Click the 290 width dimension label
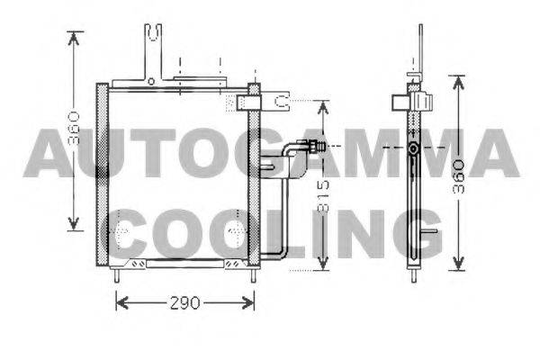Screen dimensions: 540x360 184,302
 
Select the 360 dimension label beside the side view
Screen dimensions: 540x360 458,176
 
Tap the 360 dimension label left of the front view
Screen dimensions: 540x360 74,128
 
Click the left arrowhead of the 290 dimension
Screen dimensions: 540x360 121,302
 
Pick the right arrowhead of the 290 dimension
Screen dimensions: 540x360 248,302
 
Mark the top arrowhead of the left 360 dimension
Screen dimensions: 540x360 74,38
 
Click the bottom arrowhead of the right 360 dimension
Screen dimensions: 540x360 458,264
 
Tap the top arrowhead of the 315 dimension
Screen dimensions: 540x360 323,107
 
